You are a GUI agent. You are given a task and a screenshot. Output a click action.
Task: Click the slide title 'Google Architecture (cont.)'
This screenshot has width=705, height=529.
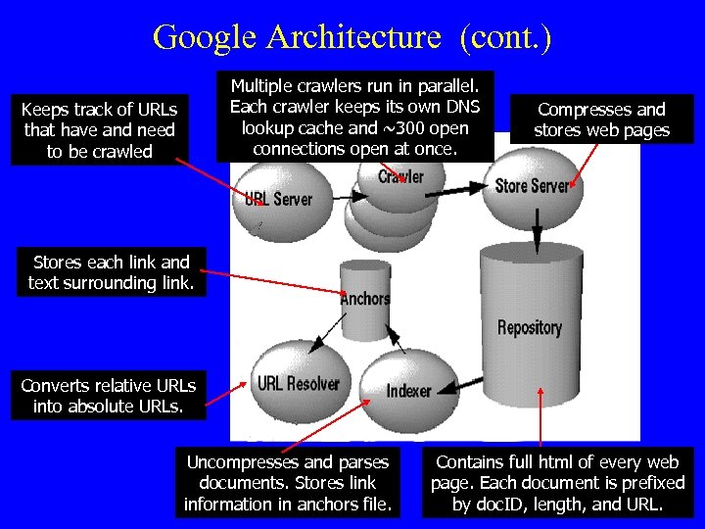[x=352, y=37]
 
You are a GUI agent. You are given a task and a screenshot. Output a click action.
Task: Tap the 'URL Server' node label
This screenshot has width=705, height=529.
[x=278, y=199]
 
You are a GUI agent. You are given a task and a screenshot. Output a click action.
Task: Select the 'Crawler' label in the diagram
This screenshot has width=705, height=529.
[x=401, y=177]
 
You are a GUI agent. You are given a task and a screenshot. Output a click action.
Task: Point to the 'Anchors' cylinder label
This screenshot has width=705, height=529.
[x=364, y=299]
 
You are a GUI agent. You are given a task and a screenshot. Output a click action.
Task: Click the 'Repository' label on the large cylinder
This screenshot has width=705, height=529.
[x=530, y=327]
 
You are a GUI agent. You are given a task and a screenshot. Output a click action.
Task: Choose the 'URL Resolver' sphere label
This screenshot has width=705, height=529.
[x=299, y=383]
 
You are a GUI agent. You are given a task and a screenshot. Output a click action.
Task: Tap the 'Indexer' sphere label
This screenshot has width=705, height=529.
[x=408, y=390]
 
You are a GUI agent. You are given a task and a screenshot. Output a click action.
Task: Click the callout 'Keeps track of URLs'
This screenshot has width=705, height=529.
[x=98, y=130]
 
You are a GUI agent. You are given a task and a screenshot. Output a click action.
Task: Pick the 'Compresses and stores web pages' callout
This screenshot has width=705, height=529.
[x=601, y=120]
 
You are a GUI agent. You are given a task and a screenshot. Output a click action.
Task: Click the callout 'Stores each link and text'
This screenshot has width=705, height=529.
[x=112, y=273]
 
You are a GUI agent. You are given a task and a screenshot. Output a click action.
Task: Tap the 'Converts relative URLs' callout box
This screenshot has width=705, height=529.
[x=109, y=396]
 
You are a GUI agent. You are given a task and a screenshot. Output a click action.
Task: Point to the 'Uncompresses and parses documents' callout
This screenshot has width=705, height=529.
[x=287, y=483]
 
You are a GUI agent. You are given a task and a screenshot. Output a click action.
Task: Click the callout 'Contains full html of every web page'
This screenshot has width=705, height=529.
[x=557, y=483]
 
